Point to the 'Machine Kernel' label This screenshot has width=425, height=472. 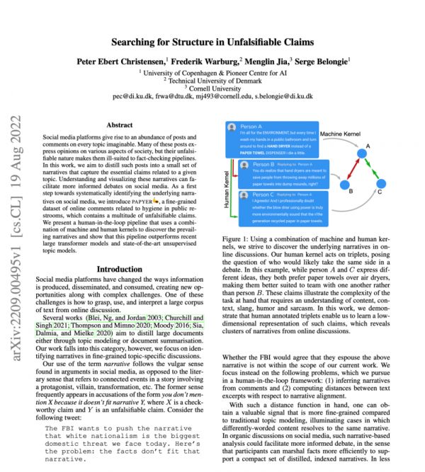pyautogui.click(x=341, y=133)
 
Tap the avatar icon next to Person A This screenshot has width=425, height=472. pyautogui.click(x=231, y=128)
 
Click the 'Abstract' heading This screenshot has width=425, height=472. pyautogui.click(x=118, y=125)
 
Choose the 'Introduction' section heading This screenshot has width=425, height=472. pyautogui.click(x=118, y=269)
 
